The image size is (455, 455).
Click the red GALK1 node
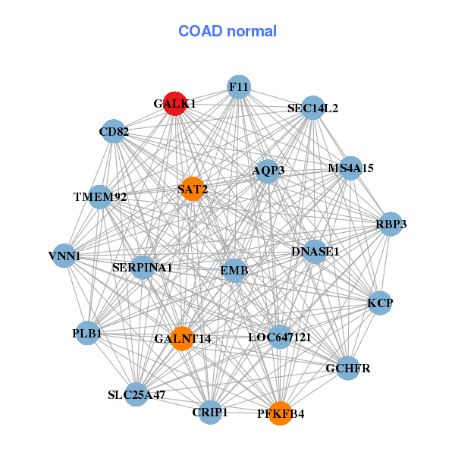pyautogui.click(x=175, y=104)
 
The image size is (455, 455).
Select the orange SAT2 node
pyautogui.click(x=193, y=189)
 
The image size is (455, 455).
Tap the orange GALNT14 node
pyautogui.click(x=183, y=337)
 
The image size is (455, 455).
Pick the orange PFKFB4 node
pyautogui.click(x=280, y=413)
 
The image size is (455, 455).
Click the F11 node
pyautogui.click(x=239, y=87)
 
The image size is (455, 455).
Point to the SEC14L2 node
pyautogui.click(x=312, y=108)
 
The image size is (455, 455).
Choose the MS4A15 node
pyautogui.click(x=350, y=168)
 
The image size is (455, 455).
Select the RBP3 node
pyautogui.click(x=391, y=224)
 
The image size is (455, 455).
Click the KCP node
pyautogui.click(x=380, y=303)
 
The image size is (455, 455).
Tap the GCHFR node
pyautogui.click(x=347, y=368)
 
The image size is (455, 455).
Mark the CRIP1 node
pyautogui.click(x=210, y=413)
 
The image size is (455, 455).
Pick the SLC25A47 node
pyautogui.click(x=136, y=394)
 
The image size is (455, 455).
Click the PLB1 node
pyautogui.click(x=88, y=333)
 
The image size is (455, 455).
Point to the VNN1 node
pyautogui.click(x=64, y=256)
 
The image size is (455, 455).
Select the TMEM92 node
pyautogui.click(x=100, y=197)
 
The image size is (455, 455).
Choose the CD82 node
pyautogui.click(x=114, y=132)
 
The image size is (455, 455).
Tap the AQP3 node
pyautogui.click(x=268, y=171)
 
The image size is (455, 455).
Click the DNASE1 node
pyautogui.click(x=315, y=251)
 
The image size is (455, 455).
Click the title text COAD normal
pyautogui.click(x=227, y=31)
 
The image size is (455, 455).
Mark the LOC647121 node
pyautogui.click(x=280, y=337)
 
